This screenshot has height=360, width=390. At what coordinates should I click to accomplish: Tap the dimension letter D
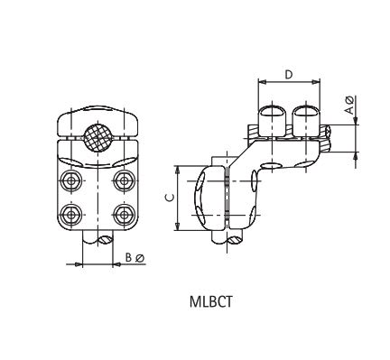point(289,74)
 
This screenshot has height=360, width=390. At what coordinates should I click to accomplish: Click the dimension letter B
point(129,257)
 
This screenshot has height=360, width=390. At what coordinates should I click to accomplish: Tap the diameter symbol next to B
point(140,257)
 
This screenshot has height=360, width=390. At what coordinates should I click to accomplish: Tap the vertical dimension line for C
point(177,198)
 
